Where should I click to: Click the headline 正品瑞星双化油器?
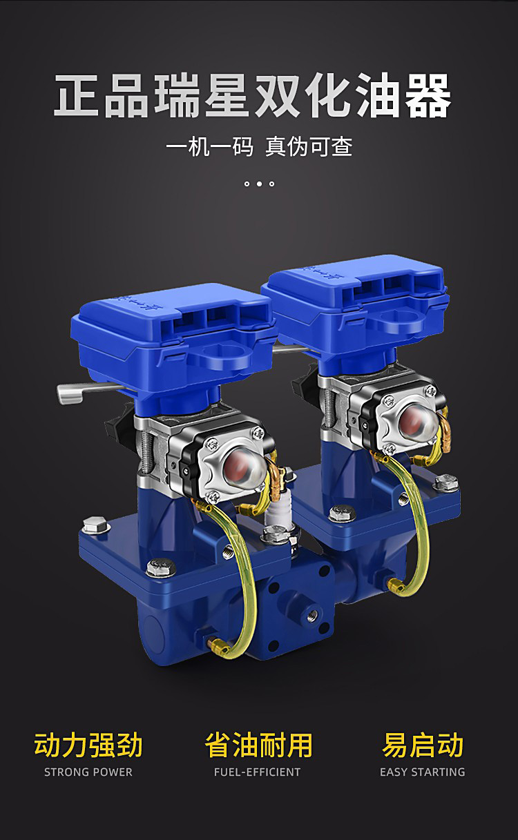[x=252, y=95]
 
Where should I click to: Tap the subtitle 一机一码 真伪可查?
[x=260, y=146]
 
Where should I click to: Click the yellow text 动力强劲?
[x=88, y=744]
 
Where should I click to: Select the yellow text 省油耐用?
[x=258, y=744]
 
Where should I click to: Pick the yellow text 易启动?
[x=423, y=744]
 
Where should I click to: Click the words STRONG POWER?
[x=88, y=772]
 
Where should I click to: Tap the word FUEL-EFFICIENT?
[x=257, y=772]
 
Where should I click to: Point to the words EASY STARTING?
[x=422, y=772]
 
